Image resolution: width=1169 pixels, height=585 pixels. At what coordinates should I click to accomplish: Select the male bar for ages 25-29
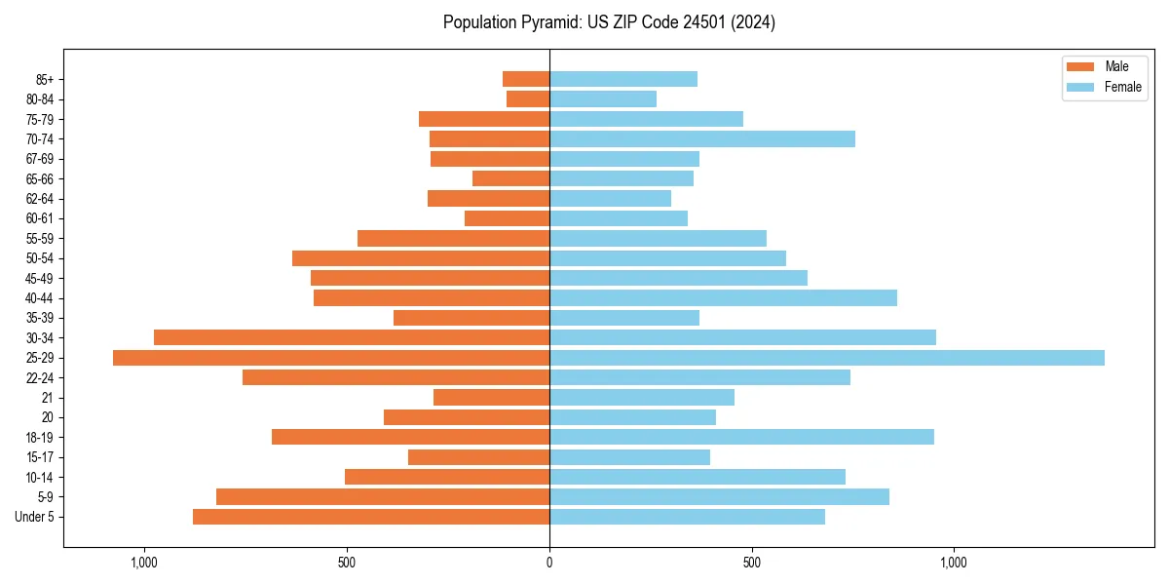point(331,358)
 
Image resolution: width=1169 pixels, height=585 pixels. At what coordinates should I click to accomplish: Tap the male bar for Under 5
point(371,517)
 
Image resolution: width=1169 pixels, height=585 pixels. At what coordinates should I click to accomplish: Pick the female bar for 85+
point(623,79)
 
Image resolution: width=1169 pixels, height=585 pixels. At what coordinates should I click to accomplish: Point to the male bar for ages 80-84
point(528,98)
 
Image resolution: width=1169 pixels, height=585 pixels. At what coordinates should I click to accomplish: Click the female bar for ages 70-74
point(702,138)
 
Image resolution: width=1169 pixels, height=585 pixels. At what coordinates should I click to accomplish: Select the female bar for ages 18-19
point(741,437)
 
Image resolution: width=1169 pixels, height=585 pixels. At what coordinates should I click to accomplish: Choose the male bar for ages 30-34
point(352,337)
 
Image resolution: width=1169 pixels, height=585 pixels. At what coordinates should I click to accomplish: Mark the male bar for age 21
point(491,397)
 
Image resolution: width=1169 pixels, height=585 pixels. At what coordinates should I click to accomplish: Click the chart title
point(609,22)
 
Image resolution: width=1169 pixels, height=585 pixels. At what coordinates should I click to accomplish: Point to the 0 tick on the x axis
point(549,563)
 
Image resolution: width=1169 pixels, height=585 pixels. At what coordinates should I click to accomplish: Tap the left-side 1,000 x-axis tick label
point(144,563)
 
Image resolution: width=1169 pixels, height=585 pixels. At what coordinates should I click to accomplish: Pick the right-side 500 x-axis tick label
point(751,563)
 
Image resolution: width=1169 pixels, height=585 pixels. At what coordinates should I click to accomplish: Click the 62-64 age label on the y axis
point(40,198)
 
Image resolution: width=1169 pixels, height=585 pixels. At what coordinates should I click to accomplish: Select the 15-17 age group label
point(40,457)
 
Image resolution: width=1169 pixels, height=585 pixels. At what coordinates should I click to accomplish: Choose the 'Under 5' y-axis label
point(35,517)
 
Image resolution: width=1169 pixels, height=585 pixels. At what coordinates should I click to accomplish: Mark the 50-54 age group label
point(40,258)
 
